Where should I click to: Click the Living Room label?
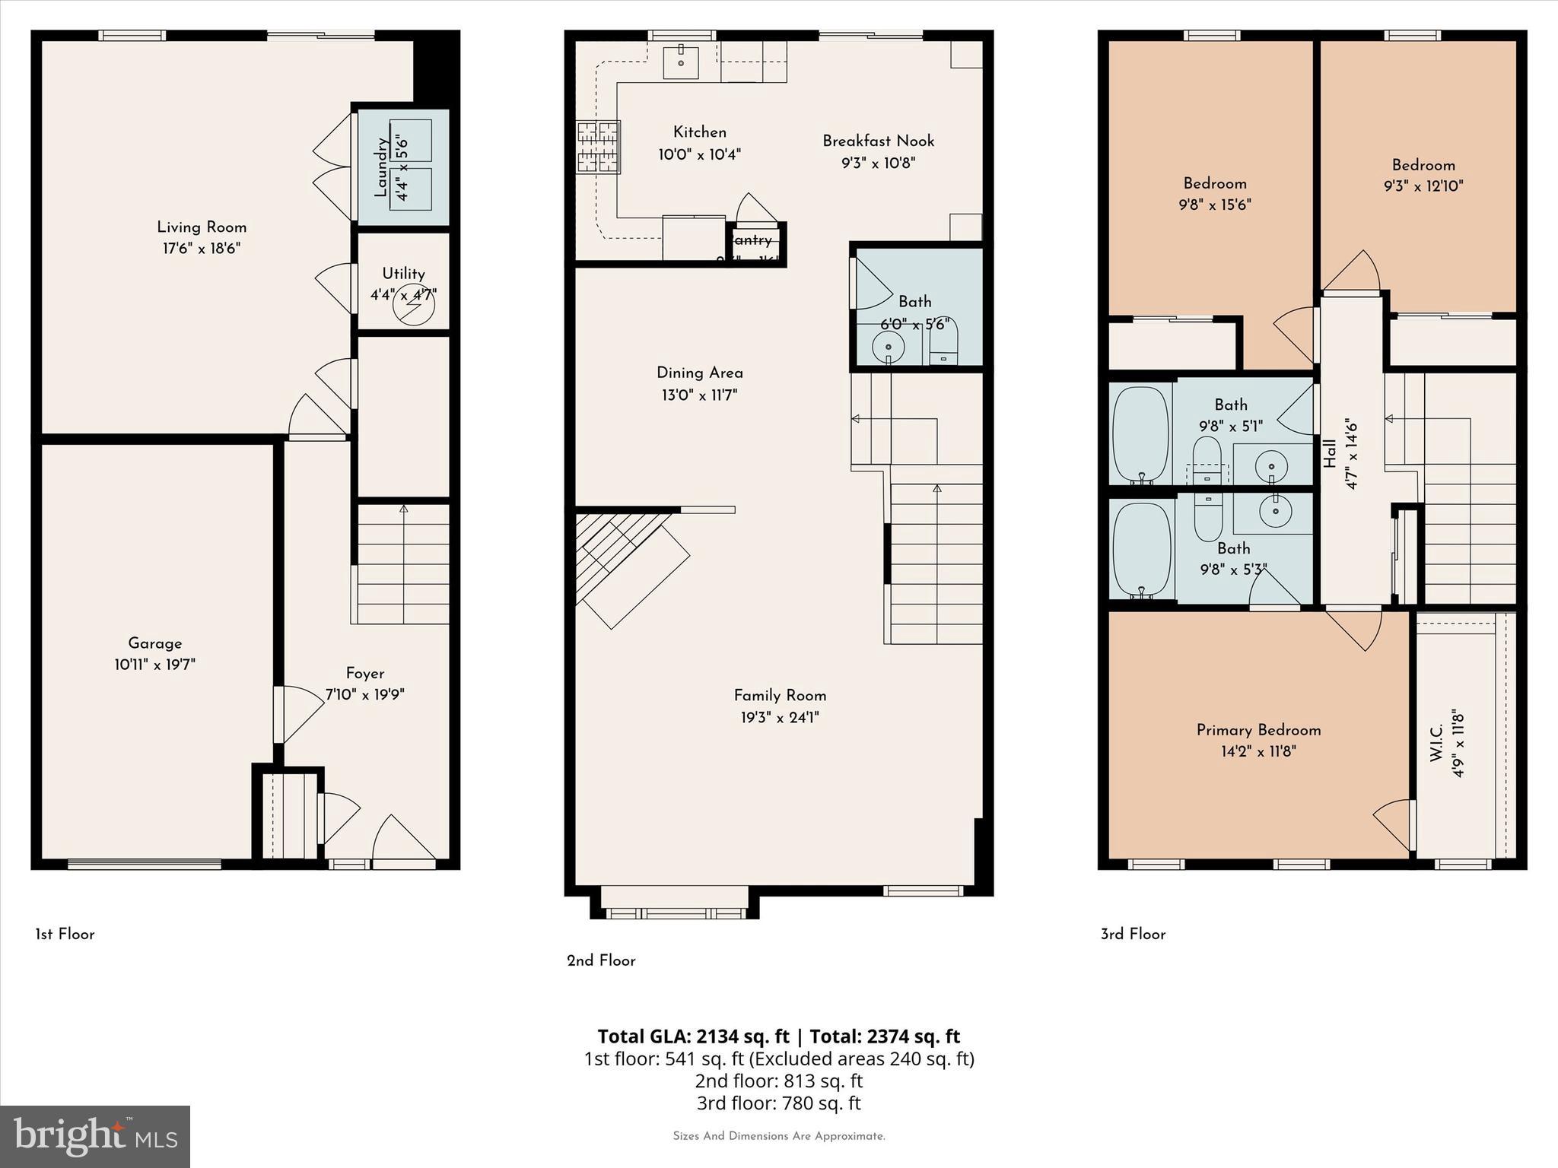pos(202,227)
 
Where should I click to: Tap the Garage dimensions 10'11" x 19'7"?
pos(154,665)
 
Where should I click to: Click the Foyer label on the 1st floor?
pos(364,673)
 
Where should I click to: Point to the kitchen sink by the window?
pos(681,60)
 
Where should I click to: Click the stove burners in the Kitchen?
pos(598,148)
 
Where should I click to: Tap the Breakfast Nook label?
pos(878,141)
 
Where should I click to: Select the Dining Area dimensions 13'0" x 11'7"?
pos(699,395)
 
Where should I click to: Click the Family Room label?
pos(780,695)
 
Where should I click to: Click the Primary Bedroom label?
pos(1258,730)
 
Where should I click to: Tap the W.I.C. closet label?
pos(1437,743)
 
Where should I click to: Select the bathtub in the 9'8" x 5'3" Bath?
pos(1141,550)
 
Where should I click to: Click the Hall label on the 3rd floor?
pos(1330,454)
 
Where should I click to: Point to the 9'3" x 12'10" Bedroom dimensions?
pos(1423,186)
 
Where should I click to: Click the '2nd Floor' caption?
pos(601,960)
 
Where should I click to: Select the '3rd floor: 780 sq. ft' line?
pos(778,1103)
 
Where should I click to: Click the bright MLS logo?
pos(95,1136)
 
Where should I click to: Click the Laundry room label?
pos(383,167)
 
